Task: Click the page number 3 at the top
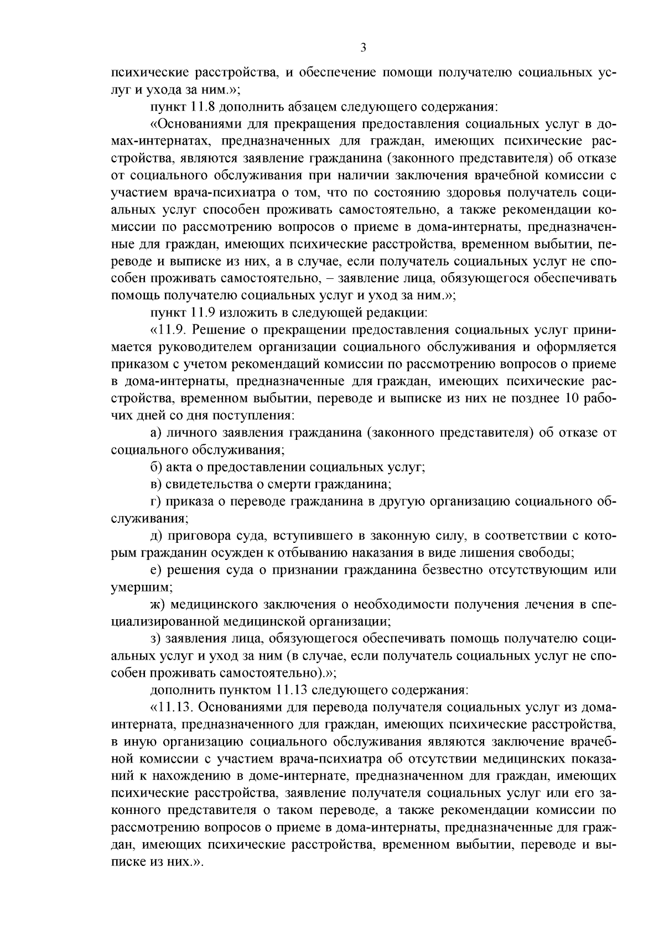(362, 48)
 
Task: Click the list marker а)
(157, 433)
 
